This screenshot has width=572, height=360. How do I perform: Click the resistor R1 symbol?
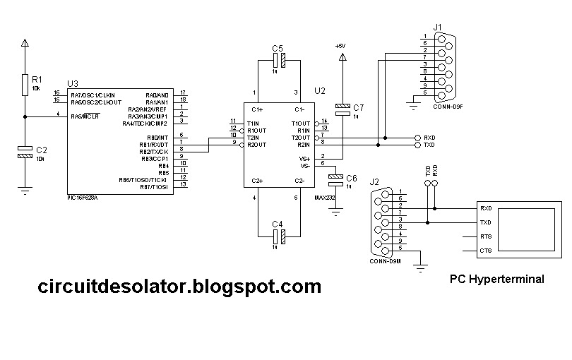tap(25, 84)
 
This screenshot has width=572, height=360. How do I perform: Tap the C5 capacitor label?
tap(277, 47)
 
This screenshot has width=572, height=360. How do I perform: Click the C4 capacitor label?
tap(277, 224)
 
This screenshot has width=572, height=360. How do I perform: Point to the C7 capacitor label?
tap(359, 107)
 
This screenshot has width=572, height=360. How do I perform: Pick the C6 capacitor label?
tap(352, 177)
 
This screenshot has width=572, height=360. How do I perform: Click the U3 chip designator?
tap(72, 83)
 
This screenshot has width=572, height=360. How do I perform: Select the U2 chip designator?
tap(320, 90)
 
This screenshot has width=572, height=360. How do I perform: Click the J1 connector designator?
tap(438, 28)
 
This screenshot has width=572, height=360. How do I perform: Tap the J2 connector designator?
tap(375, 181)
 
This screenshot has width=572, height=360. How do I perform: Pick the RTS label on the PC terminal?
tap(486, 236)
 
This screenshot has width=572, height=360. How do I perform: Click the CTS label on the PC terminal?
tap(486, 251)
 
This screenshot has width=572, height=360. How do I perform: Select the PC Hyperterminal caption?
tap(497, 279)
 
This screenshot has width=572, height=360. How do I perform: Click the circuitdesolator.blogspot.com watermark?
tap(179, 287)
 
